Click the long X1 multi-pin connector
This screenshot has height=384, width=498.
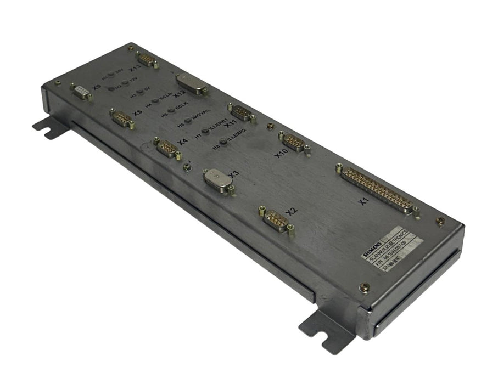click(378, 190)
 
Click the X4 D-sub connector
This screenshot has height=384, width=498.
click(166, 148)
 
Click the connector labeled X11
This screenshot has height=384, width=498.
click(240, 111)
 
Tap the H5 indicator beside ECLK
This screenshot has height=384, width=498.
click(171, 110)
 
